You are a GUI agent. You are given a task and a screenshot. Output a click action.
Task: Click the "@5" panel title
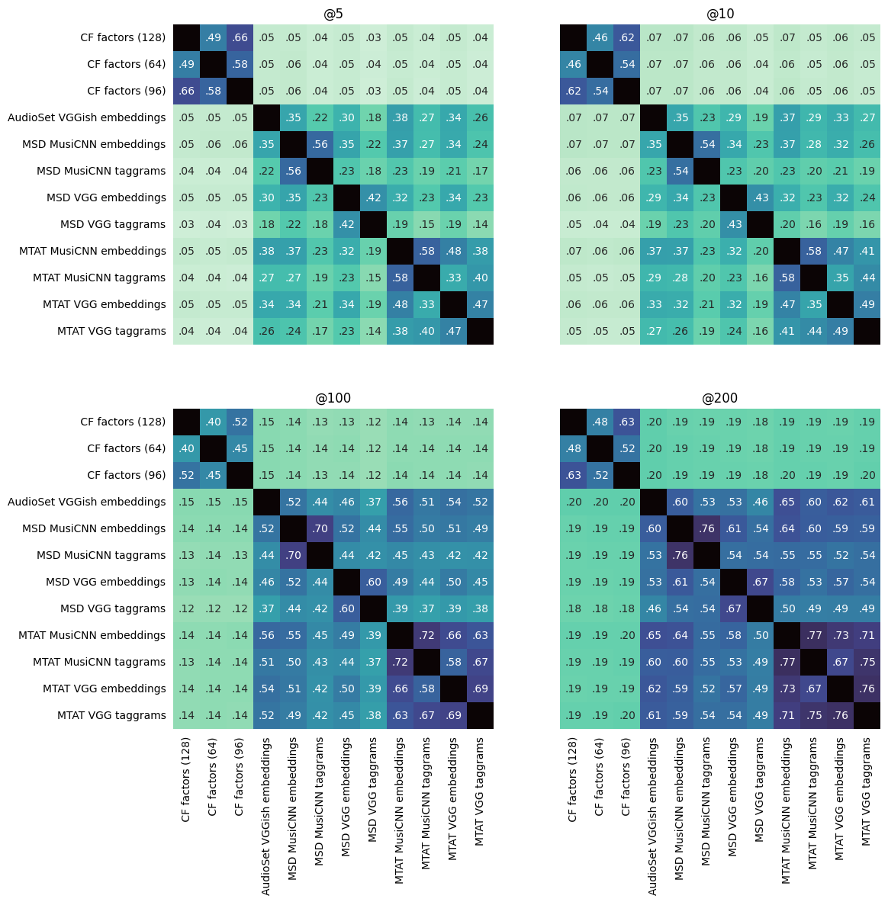click(333, 14)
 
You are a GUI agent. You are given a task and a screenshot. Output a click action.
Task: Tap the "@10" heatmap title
click(720, 14)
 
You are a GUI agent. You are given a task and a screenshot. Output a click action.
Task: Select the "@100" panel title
click(333, 398)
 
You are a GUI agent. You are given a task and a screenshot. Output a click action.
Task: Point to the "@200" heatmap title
click(720, 398)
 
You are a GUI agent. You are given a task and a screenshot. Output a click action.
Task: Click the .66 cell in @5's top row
click(240, 38)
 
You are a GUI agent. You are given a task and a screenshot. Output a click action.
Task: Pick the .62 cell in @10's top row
click(626, 38)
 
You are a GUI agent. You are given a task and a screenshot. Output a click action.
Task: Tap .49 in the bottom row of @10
click(840, 331)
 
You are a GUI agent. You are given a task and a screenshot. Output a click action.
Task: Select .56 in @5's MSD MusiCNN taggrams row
click(293, 171)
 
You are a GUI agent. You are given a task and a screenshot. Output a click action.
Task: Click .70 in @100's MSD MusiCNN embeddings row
click(320, 528)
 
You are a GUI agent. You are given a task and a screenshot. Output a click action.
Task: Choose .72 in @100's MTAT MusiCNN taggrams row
click(400, 662)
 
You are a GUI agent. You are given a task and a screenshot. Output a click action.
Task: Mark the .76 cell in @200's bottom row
click(840, 715)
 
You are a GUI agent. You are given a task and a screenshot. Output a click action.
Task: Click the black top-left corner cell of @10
click(573, 38)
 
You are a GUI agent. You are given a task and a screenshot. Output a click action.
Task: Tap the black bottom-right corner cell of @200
click(867, 715)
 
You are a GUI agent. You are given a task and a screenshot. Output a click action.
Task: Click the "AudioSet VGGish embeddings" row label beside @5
click(86, 117)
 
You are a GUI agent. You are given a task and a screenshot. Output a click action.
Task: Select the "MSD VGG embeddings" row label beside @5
click(106, 197)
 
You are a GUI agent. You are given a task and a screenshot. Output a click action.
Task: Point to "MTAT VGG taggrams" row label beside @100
click(111, 715)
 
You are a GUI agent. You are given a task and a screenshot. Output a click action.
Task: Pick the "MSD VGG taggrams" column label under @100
click(373, 789)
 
